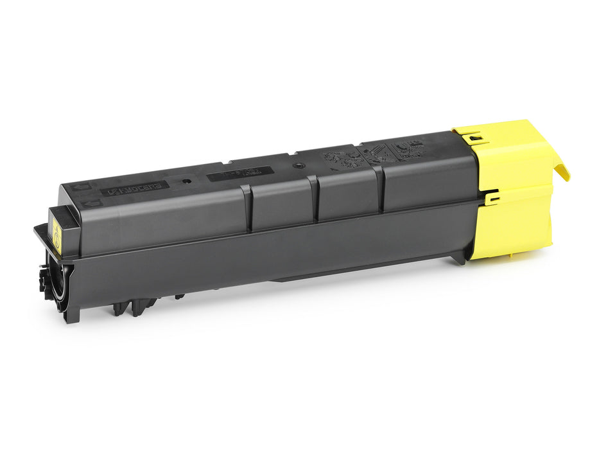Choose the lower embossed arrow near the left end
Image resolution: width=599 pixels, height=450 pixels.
click(x=87, y=204)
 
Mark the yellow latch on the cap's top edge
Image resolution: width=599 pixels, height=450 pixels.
click(x=474, y=136)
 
